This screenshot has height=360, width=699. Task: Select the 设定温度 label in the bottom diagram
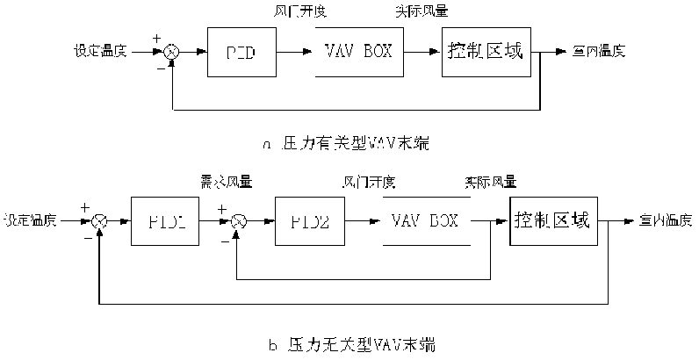tap(31, 219)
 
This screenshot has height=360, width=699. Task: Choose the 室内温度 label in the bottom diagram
tap(666, 220)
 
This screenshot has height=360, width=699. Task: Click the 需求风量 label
tap(227, 183)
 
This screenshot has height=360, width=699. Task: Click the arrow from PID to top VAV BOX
tap(291, 52)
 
